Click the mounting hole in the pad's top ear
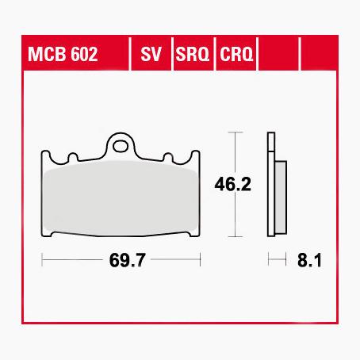[x=121, y=145]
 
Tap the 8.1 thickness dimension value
[x=308, y=259]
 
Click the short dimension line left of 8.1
[x=277, y=259]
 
